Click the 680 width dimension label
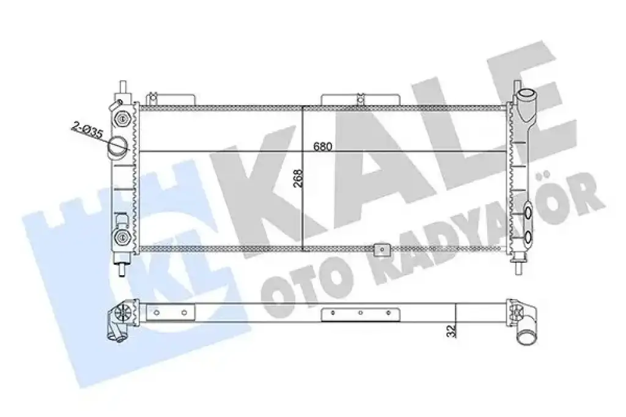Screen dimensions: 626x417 pyautogui.click(x=322, y=147)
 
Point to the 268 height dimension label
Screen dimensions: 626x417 pyautogui.click(x=298, y=178)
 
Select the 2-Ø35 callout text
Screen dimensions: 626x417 pyautogui.click(x=87, y=130)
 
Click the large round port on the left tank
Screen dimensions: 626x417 pyautogui.click(x=117, y=146)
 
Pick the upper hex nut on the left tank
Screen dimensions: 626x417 pyautogui.click(x=122, y=118)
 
